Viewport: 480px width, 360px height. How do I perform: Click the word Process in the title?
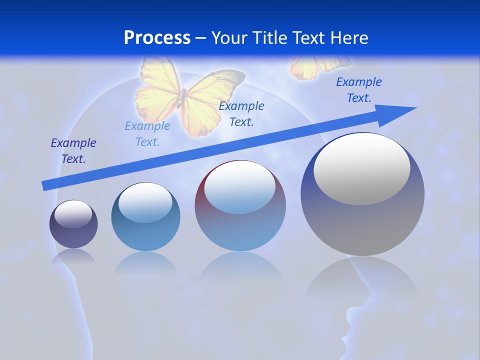157,38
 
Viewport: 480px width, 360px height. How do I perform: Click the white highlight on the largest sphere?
362,169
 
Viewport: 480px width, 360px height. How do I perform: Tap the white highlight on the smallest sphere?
73,214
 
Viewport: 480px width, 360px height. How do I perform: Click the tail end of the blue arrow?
44,186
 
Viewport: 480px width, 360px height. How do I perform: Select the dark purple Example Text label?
73,151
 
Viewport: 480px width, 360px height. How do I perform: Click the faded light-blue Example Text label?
147,133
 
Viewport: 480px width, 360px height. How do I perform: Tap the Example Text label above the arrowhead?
359,89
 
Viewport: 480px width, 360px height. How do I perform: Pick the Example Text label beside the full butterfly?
241,113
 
